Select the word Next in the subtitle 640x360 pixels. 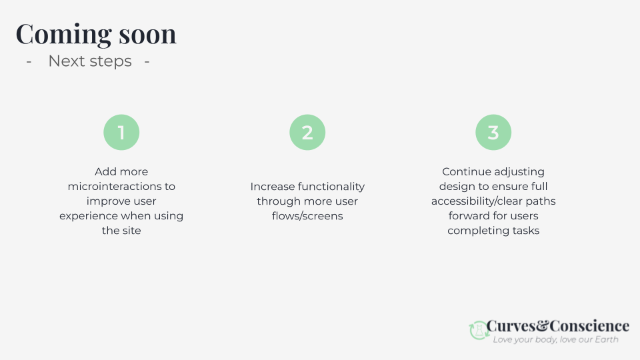point(66,61)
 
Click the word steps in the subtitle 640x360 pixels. point(110,61)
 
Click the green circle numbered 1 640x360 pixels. point(121,132)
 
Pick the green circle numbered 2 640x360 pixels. point(307,132)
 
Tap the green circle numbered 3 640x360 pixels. point(493,132)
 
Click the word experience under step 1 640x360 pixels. point(89,216)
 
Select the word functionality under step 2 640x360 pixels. point(331,187)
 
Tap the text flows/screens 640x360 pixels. point(307,216)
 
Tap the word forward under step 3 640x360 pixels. point(469,216)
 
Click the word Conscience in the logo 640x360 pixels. point(589,326)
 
